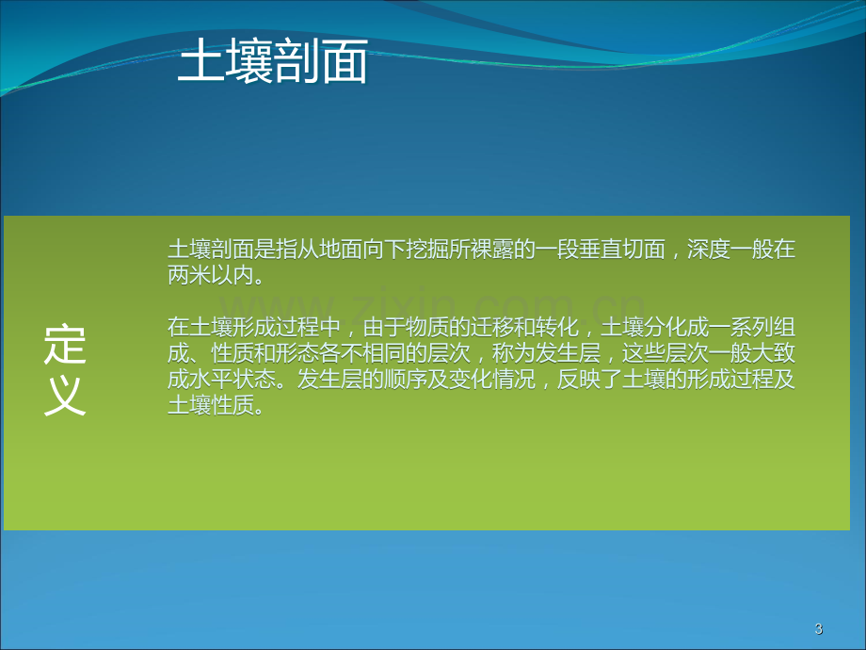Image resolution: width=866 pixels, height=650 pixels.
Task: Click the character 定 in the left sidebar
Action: [x=65, y=345]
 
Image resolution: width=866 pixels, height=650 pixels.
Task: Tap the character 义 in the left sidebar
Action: [x=65, y=396]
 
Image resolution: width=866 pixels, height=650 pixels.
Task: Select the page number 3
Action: [x=819, y=628]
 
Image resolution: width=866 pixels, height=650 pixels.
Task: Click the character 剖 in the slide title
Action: [x=297, y=61]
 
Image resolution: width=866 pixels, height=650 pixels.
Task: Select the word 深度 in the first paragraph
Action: [x=709, y=250]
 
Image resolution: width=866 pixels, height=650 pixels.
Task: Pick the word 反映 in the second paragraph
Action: [x=579, y=379]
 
